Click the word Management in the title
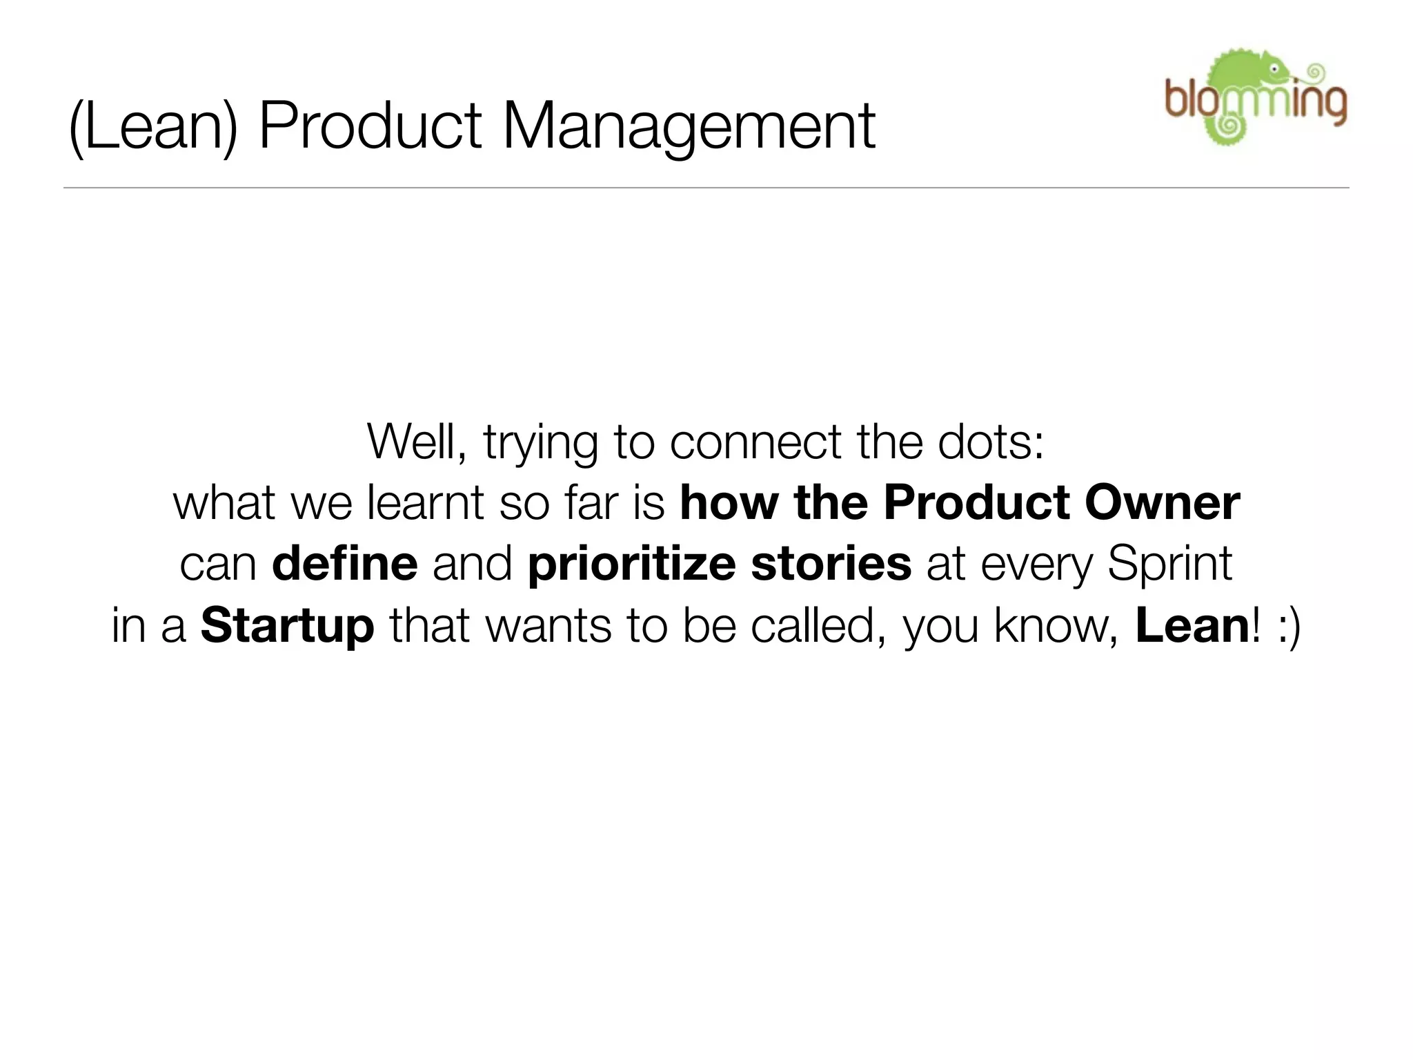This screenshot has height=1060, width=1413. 689,128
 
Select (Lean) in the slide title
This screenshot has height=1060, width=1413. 153,128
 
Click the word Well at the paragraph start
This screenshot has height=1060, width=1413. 417,442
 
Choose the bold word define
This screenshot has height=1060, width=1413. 344,564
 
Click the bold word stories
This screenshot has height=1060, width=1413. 831,564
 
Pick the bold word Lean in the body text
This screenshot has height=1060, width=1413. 1192,625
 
